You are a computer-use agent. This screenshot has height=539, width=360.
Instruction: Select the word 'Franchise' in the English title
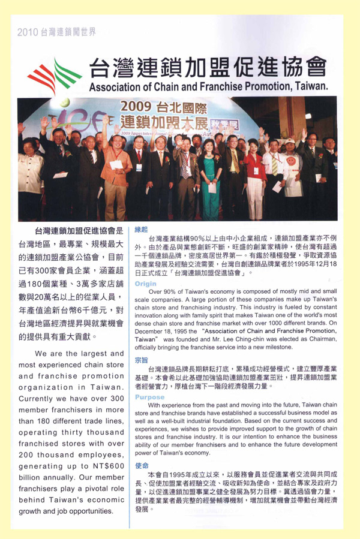[214, 86]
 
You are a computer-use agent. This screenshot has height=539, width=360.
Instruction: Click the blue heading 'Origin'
[146, 284]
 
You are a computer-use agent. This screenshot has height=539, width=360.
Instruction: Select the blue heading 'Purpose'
[149, 398]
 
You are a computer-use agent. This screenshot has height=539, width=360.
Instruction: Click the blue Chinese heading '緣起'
[142, 230]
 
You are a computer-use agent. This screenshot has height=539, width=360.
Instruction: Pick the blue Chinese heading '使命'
[142, 465]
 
